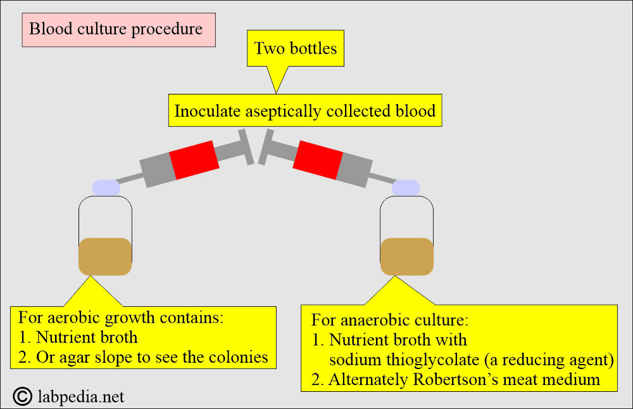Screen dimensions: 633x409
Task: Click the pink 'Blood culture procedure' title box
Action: pyautogui.click(x=119, y=30)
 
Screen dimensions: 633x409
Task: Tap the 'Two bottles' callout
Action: pyautogui.click(x=296, y=48)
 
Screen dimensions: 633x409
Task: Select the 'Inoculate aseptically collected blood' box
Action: pyautogui.click(x=305, y=110)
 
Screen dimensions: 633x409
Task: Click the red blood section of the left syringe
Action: pyautogui.click(x=194, y=160)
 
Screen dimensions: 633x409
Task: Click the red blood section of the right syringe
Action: pyautogui.click(x=318, y=160)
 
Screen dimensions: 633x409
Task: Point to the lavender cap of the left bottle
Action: pyautogui.click(x=106, y=188)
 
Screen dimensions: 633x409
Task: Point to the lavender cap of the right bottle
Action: pyautogui.click(x=406, y=188)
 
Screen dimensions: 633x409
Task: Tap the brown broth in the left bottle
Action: pyautogui.click(x=105, y=256)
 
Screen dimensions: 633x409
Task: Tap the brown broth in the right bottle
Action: pyautogui.click(x=407, y=256)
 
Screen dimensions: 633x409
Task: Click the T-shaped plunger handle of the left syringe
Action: pyautogui.click(x=246, y=147)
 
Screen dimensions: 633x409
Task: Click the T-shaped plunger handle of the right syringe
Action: pyautogui.click(x=266, y=147)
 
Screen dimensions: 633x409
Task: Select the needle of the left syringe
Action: pyautogui.click(x=129, y=178)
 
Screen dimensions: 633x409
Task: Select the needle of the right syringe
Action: pyautogui.click(x=383, y=178)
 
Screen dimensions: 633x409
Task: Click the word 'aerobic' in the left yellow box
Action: pyautogui.click(x=73, y=318)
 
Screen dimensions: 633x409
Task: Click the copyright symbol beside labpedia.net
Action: pyautogui.click(x=23, y=396)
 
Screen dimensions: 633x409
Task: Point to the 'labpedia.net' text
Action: pyautogui.click(x=81, y=397)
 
